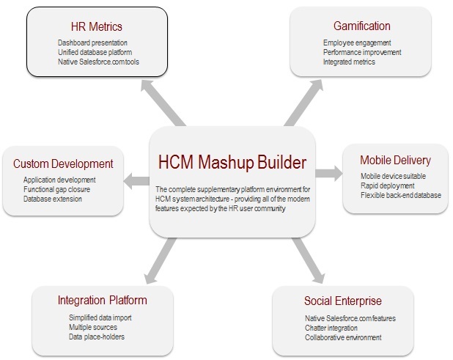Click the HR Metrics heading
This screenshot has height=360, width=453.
[97, 26]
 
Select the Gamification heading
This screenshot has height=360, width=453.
[361, 26]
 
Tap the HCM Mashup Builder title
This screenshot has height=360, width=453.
[232, 162]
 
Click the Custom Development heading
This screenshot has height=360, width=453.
[63, 164]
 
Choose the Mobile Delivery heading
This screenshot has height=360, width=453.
[395, 160]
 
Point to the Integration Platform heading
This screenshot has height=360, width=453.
[103, 300]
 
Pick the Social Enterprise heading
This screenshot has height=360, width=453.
[343, 301]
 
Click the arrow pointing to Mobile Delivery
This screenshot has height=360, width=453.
[329, 173]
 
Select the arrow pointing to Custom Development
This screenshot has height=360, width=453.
[136, 181]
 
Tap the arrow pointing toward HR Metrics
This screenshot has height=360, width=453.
[163, 103]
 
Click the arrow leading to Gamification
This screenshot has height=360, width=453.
[303, 103]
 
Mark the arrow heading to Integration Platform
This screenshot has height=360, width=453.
[160, 260]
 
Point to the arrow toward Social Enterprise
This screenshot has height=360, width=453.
[309, 260]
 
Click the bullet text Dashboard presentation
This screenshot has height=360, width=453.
[92, 43]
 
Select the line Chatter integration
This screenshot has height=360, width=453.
[331, 328]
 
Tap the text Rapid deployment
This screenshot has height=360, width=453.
[388, 185]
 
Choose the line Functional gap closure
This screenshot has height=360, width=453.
[56, 189]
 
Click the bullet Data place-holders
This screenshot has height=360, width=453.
[97, 337]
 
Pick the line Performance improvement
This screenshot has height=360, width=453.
[362, 52]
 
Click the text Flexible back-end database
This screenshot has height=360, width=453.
[401, 195]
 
